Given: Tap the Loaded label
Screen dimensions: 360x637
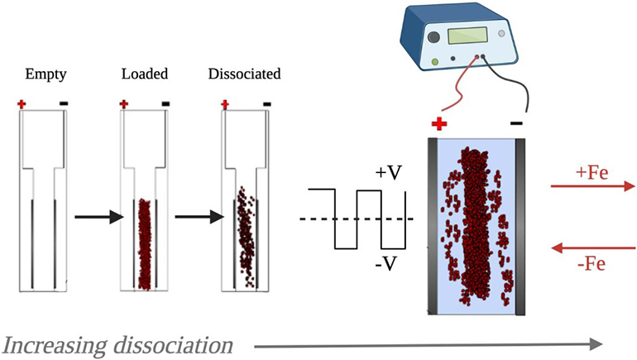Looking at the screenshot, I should tap(145, 74).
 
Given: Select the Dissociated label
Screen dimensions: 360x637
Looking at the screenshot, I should tap(244, 74).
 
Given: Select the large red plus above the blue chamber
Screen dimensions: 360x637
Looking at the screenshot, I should tap(439, 125).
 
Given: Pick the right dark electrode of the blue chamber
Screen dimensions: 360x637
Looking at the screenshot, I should tap(520, 226).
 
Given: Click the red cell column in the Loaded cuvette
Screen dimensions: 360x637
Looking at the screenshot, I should tap(146, 244).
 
